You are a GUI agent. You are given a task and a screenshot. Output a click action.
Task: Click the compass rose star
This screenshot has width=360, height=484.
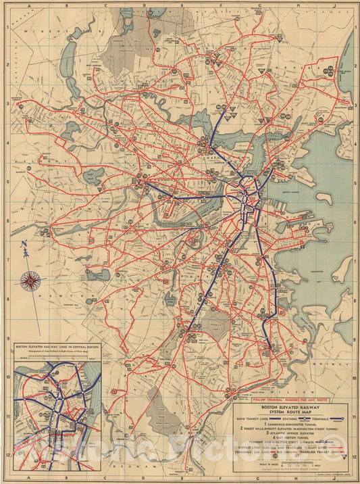tap(30, 279)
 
